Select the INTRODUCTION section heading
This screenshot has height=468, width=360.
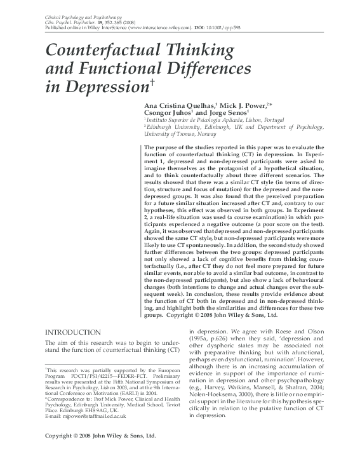(x=74, y=332)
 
